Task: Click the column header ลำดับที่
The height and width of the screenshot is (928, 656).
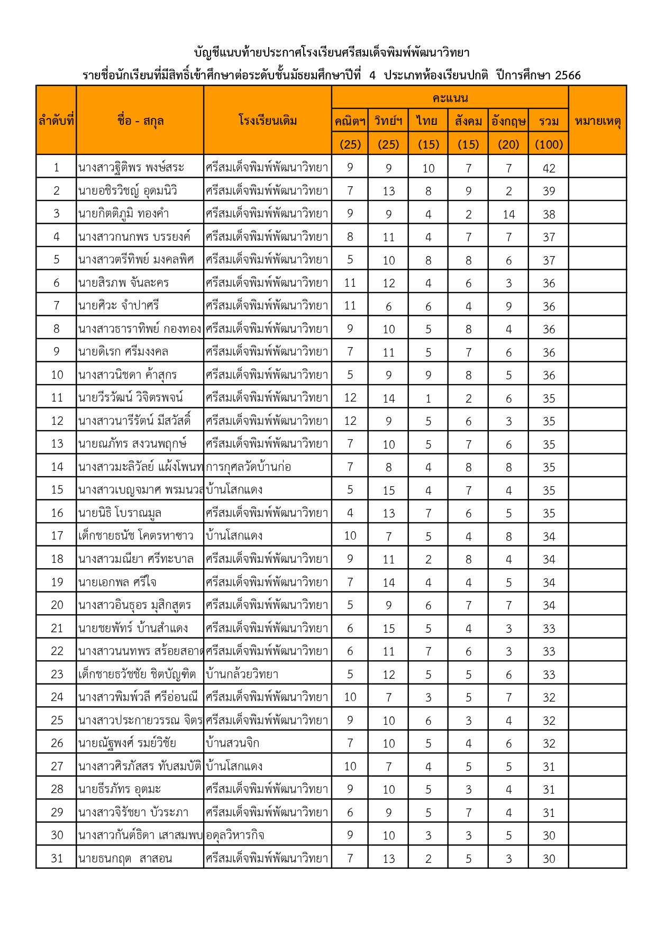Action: tap(56, 121)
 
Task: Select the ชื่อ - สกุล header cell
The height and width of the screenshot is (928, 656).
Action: tap(140, 121)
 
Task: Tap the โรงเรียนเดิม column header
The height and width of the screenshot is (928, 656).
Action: tap(267, 121)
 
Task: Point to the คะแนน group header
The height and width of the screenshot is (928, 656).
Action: tap(450, 98)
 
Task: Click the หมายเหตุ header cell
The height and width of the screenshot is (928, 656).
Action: tap(597, 121)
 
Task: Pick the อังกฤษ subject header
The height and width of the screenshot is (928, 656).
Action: tap(508, 121)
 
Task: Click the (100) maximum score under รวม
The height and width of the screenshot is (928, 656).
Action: tap(549, 144)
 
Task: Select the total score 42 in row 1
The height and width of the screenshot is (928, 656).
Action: tap(549, 168)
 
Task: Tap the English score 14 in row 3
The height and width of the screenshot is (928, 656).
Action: tap(508, 214)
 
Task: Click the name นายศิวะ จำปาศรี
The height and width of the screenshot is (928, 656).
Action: tap(119, 306)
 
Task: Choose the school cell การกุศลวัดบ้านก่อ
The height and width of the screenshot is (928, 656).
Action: tap(248, 467)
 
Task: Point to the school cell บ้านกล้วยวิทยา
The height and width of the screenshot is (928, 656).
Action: tap(242, 674)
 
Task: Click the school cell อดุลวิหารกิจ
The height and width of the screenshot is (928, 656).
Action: tap(235, 835)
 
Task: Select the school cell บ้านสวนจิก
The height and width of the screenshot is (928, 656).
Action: tap(233, 743)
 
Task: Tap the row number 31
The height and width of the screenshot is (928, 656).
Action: tap(57, 858)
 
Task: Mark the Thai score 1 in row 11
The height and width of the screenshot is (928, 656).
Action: tap(428, 398)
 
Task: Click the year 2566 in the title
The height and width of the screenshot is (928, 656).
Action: tap(568, 75)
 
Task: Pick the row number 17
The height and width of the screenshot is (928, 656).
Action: tap(57, 536)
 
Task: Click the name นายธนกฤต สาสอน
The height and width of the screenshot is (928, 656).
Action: tap(125, 858)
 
